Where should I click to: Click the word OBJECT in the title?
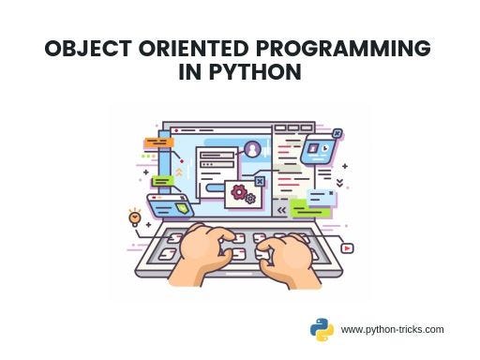88,50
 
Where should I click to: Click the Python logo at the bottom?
322,329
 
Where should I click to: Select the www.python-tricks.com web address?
392,330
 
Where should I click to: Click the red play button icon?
346,248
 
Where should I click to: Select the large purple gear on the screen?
239,192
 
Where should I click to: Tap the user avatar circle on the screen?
252,148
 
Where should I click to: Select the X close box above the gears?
260,181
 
